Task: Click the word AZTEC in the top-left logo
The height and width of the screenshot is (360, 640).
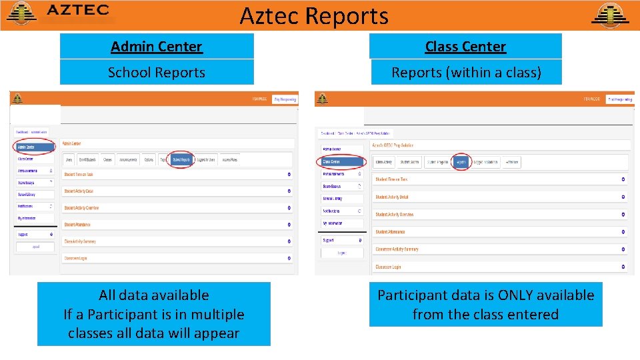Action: (x=78, y=11)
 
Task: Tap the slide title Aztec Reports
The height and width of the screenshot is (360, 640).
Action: (x=314, y=15)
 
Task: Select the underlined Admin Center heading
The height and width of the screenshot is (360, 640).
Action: (x=157, y=47)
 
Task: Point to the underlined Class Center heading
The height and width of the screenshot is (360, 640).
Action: (x=465, y=47)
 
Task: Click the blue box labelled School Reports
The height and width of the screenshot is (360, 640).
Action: (x=157, y=72)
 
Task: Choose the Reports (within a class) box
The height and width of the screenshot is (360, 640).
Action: (x=465, y=72)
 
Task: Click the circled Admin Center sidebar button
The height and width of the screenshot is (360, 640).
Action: (x=35, y=147)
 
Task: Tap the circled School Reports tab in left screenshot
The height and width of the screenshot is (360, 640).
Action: (x=181, y=160)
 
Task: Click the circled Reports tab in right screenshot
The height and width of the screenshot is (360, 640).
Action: (x=461, y=162)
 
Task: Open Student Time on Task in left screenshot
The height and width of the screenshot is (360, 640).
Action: (x=79, y=175)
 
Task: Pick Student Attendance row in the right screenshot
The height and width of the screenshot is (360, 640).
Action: (x=390, y=232)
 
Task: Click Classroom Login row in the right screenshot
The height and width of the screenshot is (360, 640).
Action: (x=388, y=267)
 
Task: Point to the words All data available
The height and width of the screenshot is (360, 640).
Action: (x=153, y=295)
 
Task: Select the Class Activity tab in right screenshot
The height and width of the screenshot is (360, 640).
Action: (x=383, y=162)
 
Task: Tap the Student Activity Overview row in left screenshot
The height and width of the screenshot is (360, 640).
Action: (x=81, y=208)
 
